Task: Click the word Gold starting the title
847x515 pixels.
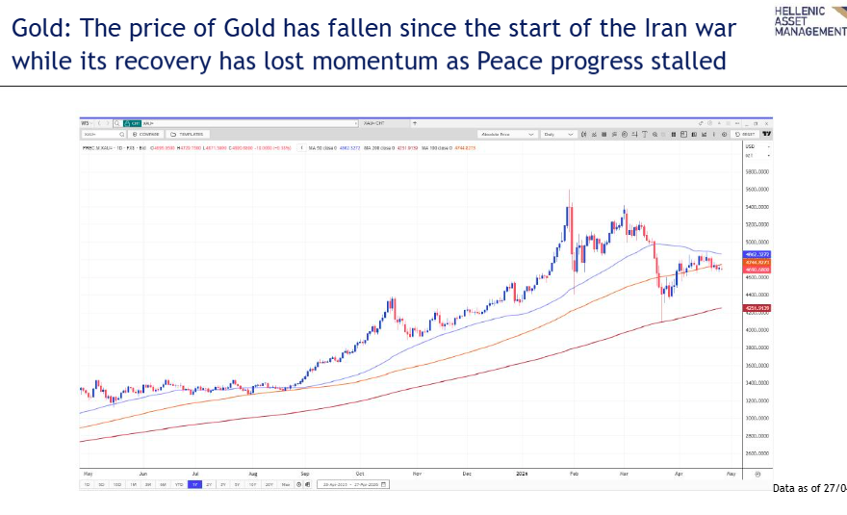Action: click(x=39, y=28)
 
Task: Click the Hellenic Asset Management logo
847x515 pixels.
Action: click(x=809, y=20)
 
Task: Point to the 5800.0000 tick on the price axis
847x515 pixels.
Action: click(x=757, y=171)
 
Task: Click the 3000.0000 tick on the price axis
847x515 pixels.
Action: click(x=757, y=419)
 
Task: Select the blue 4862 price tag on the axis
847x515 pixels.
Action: click(x=757, y=254)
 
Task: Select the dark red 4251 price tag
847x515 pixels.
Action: click(x=757, y=308)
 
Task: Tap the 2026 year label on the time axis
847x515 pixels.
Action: click(x=521, y=474)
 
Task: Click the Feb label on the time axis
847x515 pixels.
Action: click(x=574, y=474)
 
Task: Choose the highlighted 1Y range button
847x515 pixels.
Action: click(x=195, y=484)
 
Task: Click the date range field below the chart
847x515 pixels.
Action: click(x=352, y=484)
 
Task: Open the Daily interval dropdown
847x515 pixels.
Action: click(x=558, y=135)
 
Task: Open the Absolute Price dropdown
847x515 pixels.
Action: click(x=508, y=135)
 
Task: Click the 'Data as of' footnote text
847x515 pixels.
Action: click(x=808, y=489)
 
